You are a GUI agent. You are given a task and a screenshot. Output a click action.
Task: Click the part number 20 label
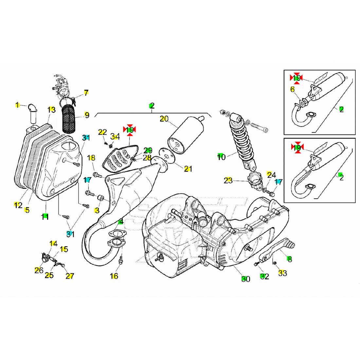(164, 119)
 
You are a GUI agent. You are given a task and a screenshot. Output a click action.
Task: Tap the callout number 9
(87, 115)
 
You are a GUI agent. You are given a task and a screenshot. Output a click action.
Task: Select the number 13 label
(51, 110)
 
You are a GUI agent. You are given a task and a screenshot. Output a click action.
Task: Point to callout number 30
(246, 279)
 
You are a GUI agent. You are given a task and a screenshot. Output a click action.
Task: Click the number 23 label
(228, 180)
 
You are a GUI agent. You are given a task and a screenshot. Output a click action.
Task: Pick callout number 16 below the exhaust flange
(114, 276)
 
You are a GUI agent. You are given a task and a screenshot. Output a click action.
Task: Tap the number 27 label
(69, 276)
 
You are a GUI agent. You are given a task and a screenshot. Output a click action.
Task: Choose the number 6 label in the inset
(292, 89)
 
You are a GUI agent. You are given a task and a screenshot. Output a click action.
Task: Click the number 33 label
(282, 273)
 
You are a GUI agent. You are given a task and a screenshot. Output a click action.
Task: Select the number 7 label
(86, 93)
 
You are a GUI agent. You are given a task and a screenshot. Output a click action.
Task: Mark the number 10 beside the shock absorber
(222, 157)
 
